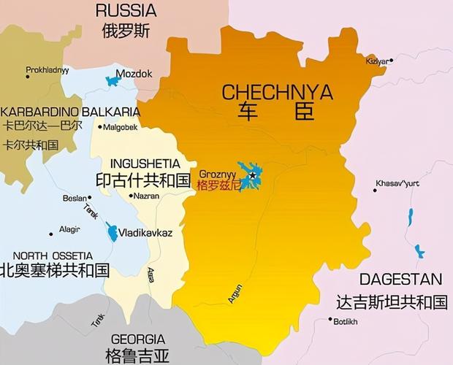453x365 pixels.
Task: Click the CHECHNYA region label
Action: pyautogui.click(x=277, y=93)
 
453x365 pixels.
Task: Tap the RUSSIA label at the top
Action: pyautogui.click(x=126, y=10)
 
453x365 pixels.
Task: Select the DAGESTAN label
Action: pyautogui.click(x=400, y=279)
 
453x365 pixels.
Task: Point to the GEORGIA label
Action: pyautogui.click(x=137, y=339)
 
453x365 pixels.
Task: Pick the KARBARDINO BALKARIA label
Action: pyautogui.click(x=70, y=112)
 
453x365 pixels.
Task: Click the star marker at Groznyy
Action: pyautogui.click(x=253, y=175)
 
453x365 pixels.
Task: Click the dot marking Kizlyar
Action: pyautogui.click(x=391, y=61)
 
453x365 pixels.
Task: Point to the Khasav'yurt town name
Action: pyautogui.click(x=399, y=183)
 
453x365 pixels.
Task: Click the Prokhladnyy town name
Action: pyautogui.click(x=47, y=70)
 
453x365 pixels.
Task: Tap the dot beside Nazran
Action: pyautogui.click(x=130, y=196)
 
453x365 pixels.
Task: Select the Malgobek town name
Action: pyautogui.click(x=121, y=127)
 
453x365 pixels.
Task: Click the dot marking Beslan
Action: pyautogui.click(x=89, y=198)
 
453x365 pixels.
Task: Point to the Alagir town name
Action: pyautogui.click(x=69, y=229)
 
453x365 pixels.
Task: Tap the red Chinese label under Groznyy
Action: pyautogui.click(x=218, y=185)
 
